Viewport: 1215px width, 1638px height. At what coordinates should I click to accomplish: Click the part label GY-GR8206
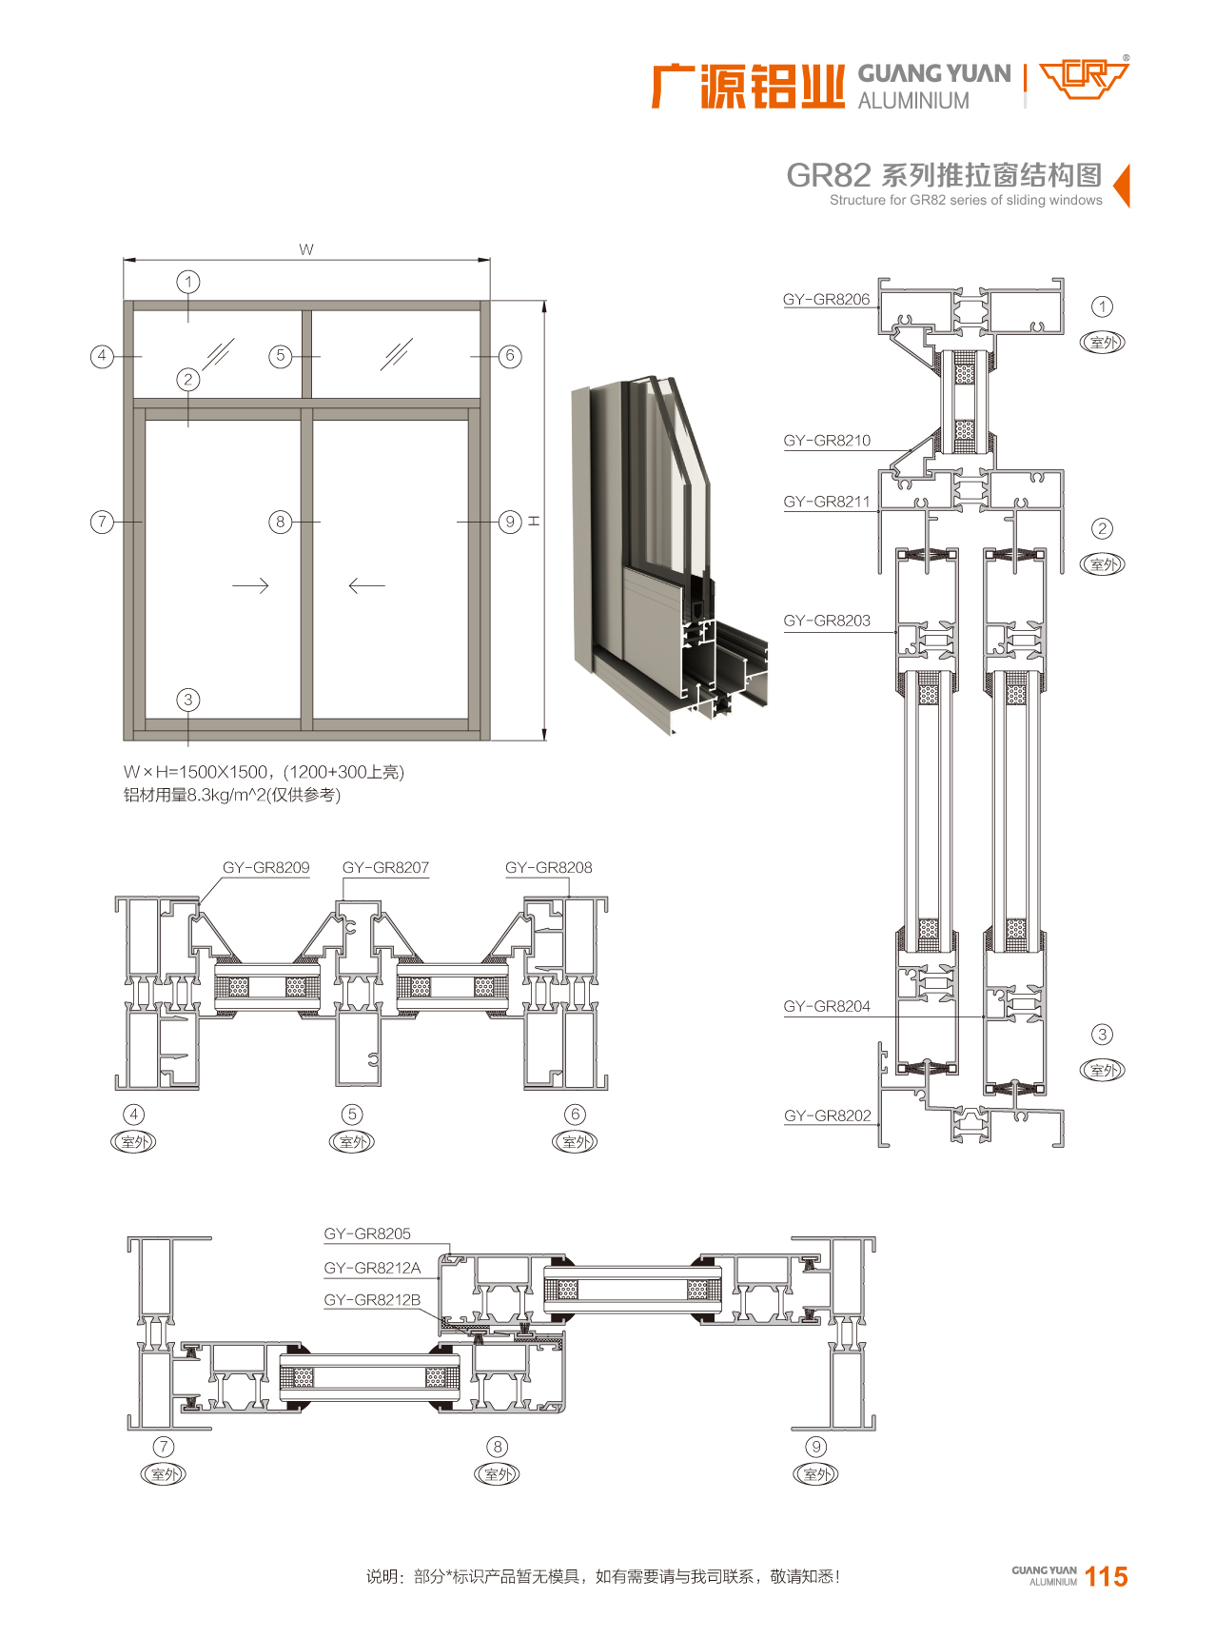click(x=826, y=300)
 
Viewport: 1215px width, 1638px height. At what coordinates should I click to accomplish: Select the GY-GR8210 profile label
click(x=827, y=441)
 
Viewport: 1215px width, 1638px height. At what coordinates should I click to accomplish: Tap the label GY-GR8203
click(x=827, y=621)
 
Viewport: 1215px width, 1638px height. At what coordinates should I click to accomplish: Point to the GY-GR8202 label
click(x=827, y=1115)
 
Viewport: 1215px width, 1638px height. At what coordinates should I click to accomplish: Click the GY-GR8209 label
click(x=265, y=868)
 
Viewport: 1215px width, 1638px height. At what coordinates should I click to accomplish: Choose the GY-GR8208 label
click(x=548, y=868)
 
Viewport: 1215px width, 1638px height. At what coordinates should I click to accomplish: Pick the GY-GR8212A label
click(x=372, y=1268)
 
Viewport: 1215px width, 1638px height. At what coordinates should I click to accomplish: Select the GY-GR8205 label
click(x=367, y=1233)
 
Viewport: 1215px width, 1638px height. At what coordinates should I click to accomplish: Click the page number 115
click(x=1106, y=1577)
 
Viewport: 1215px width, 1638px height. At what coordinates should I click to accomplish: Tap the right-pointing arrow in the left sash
click(x=250, y=585)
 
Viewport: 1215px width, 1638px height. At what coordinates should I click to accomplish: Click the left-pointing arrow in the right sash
click(x=366, y=585)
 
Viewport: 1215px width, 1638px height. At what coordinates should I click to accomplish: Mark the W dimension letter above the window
click(x=305, y=250)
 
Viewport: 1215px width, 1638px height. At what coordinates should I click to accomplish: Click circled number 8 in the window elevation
click(x=280, y=522)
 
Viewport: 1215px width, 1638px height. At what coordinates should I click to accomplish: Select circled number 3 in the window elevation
click(x=188, y=700)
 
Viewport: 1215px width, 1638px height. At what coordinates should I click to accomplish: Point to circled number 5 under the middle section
click(x=352, y=1114)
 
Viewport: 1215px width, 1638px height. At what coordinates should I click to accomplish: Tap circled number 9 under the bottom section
click(x=815, y=1447)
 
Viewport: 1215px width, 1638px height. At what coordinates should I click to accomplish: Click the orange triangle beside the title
click(x=1122, y=185)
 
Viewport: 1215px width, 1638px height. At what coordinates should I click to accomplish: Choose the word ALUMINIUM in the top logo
click(x=913, y=101)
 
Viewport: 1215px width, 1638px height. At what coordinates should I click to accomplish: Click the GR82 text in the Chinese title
click(x=828, y=175)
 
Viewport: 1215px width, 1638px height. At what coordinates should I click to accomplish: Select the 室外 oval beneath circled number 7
click(x=164, y=1474)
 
